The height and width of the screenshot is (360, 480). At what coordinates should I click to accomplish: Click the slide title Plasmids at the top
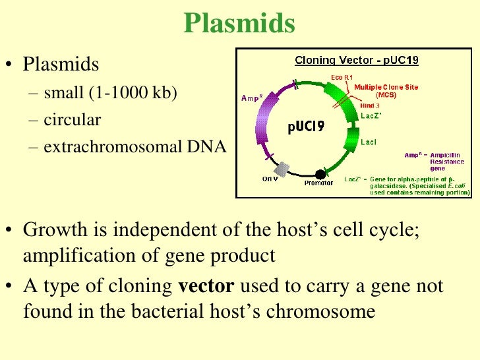click(x=239, y=24)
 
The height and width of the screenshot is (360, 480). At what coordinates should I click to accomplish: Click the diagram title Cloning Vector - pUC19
click(x=356, y=60)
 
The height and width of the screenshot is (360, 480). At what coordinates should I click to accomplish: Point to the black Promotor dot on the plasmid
click(x=320, y=174)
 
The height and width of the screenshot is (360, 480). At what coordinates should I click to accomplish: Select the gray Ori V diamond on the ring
click(x=283, y=169)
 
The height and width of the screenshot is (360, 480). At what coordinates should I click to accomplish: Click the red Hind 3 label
click(x=369, y=105)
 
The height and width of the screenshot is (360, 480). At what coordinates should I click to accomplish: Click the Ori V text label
click(x=270, y=179)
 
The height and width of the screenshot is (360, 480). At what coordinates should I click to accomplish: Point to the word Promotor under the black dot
click(x=318, y=183)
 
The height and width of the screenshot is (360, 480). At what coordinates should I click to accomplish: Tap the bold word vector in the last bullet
click(x=206, y=287)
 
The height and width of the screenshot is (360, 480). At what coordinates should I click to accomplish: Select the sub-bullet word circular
click(x=73, y=120)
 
